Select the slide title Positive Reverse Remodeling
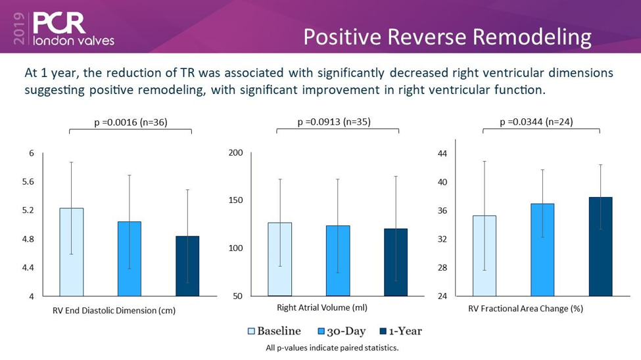[447, 37]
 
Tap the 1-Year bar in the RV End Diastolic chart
[187, 265]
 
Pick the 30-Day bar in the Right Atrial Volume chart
[338, 260]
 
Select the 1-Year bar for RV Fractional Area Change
[600, 246]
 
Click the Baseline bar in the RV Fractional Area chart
[485, 256]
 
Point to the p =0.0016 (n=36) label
[130, 122]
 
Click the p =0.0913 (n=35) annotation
[337, 122]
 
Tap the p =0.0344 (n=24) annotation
[541, 122]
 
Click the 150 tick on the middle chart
[235, 200]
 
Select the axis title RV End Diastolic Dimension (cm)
[114, 310]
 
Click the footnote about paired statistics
[332, 348]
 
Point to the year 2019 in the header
[18, 29]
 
